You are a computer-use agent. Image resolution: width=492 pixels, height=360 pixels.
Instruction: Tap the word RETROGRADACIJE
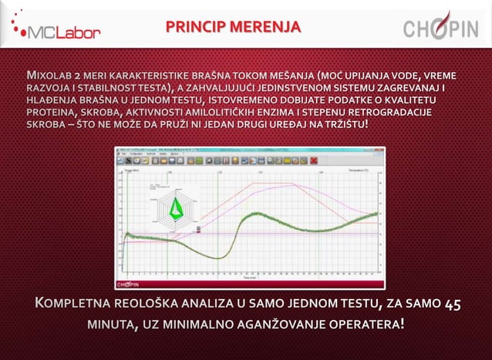tap(390, 113)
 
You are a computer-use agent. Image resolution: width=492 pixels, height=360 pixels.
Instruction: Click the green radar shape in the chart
tap(177, 207)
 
